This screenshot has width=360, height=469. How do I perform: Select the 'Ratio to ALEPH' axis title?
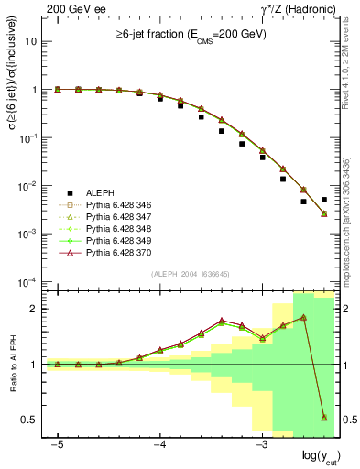(x=13, y=365)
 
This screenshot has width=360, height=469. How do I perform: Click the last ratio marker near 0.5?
(x=324, y=417)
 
